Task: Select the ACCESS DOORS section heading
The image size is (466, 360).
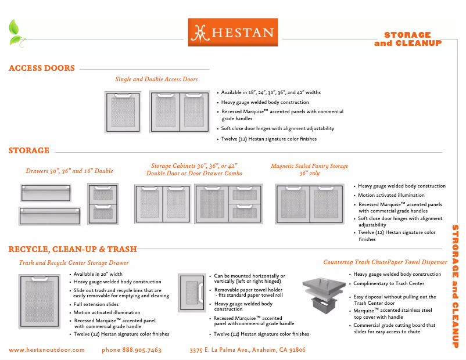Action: (42, 69)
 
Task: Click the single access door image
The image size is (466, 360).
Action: (123, 112)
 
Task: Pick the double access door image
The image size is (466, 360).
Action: (179, 112)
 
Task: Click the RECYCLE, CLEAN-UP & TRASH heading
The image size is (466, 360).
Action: (73, 250)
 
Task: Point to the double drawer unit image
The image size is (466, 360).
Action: (103, 203)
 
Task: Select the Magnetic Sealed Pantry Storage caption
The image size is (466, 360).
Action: (309, 170)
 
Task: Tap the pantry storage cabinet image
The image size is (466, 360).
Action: (313, 204)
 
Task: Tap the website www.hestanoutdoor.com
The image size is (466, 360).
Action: (46, 350)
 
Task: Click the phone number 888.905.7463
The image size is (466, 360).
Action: (131, 350)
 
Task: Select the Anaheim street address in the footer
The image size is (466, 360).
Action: (248, 350)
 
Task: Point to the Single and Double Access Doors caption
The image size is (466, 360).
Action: (156, 80)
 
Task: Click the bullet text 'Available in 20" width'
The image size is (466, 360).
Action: (98, 274)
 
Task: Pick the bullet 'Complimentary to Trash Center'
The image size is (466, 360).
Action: (389, 284)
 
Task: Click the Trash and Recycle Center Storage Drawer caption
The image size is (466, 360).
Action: (74, 263)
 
